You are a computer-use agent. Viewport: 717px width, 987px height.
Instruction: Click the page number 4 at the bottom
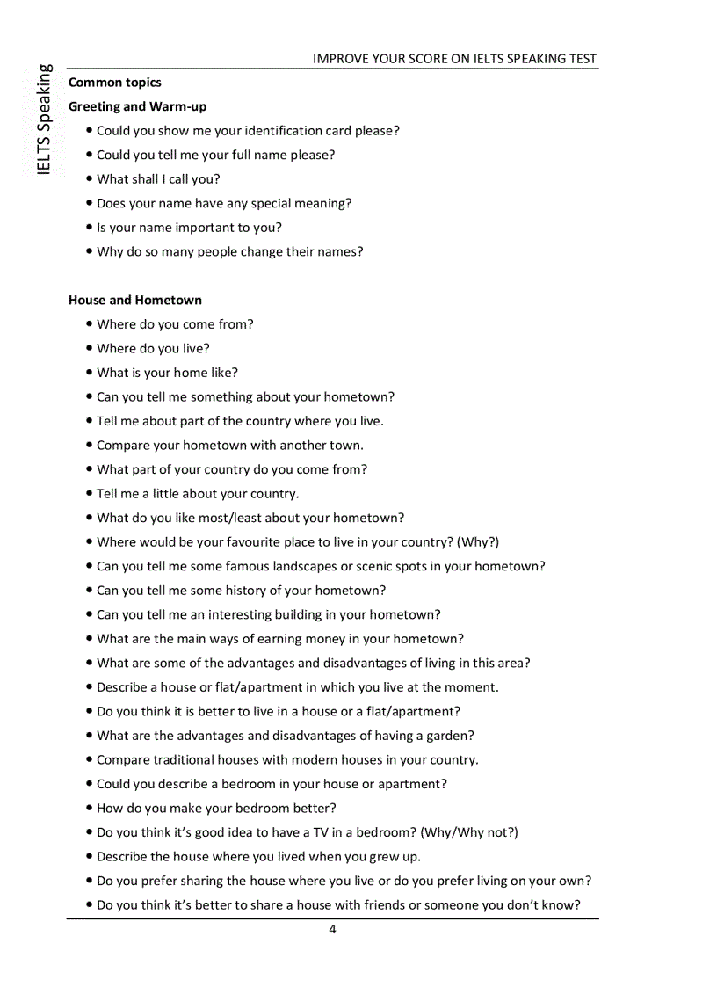(332, 930)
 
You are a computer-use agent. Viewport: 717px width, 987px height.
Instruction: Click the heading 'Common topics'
(115, 83)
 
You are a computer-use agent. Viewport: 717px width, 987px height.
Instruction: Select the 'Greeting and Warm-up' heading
(138, 106)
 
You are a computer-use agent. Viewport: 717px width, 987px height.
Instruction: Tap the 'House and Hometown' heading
(135, 300)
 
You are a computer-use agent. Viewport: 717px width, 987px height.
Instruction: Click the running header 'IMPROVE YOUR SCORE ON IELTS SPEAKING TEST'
(454, 59)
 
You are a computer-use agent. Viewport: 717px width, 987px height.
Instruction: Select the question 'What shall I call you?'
(158, 179)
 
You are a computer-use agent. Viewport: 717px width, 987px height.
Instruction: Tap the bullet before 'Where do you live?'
(90, 349)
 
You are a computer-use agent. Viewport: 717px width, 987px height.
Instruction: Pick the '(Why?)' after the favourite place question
(478, 542)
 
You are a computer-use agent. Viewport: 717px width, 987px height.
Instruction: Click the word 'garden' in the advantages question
(449, 736)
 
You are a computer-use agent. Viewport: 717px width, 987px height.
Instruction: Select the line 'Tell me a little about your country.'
(198, 494)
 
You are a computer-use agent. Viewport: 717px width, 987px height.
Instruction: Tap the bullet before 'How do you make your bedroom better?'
(90, 809)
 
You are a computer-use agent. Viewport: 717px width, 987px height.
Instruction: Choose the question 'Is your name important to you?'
(189, 228)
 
